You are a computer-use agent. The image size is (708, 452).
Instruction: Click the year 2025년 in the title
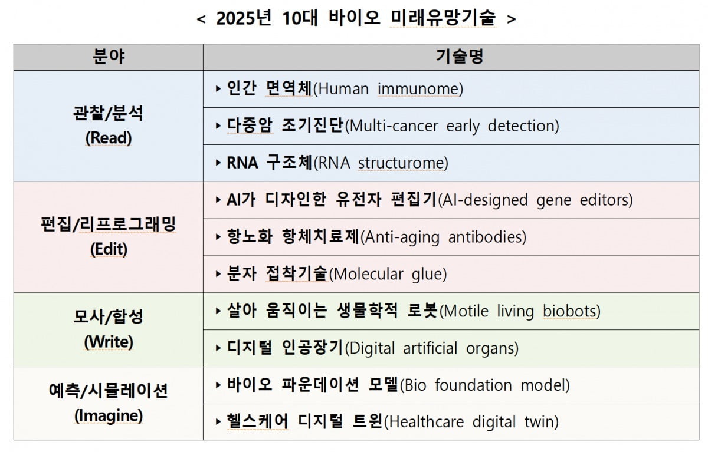point(243,18)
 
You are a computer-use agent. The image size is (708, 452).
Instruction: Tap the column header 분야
point(109,57)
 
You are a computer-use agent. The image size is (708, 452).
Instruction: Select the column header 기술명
point(460,57)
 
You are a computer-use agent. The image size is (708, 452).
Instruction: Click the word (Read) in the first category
point(109,138)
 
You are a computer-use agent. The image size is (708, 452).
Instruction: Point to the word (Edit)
point(109,249)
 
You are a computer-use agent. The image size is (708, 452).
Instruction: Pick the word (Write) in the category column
point(109,342)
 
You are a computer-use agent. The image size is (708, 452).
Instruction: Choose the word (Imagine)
point(109,415)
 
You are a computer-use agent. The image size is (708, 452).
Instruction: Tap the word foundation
point(473,385)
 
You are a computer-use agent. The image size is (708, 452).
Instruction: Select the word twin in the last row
point(542,422)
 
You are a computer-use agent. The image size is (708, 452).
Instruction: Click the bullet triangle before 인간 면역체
point(218,89)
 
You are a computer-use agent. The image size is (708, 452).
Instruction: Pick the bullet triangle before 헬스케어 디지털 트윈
point(218,421)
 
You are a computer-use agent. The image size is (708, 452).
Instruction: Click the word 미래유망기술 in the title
point(443,18)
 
